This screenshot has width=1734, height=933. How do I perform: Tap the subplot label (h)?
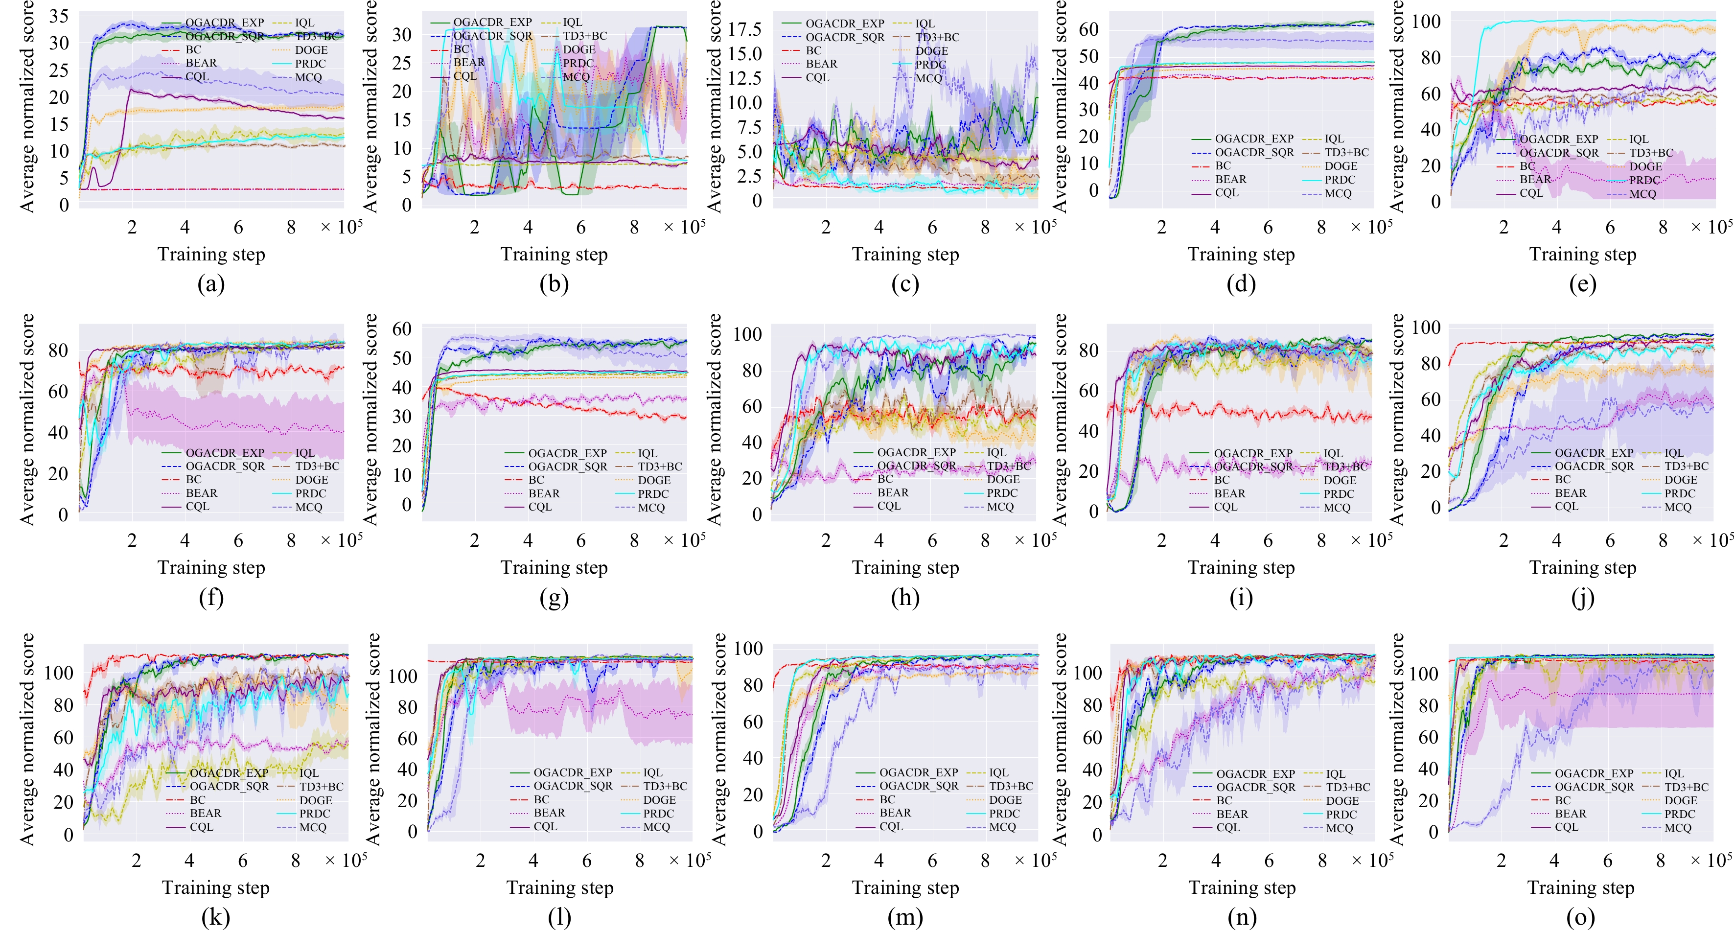(x=905, y=598)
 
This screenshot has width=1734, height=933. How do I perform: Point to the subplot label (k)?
(x=215, y=917)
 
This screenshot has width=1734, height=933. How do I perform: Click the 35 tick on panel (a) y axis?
(x=59, y=16)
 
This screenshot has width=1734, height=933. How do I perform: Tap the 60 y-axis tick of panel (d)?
(x=1088, y=29)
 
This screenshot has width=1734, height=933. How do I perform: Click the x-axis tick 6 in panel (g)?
(x=581, y=540)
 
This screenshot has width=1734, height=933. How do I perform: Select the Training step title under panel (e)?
(x=1583, y=255)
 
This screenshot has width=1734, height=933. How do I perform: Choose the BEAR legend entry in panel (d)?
(x=1230, y=179)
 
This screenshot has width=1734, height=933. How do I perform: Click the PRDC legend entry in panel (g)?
(x=653, y=493)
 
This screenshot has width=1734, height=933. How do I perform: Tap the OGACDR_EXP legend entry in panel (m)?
(x=918, y=772)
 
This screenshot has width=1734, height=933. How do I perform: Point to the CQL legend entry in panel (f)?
(x=197, y=506)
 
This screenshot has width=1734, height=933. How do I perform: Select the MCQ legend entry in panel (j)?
(x=1677, y=507)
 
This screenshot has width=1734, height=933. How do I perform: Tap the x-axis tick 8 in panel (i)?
(x=1321, y=540)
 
